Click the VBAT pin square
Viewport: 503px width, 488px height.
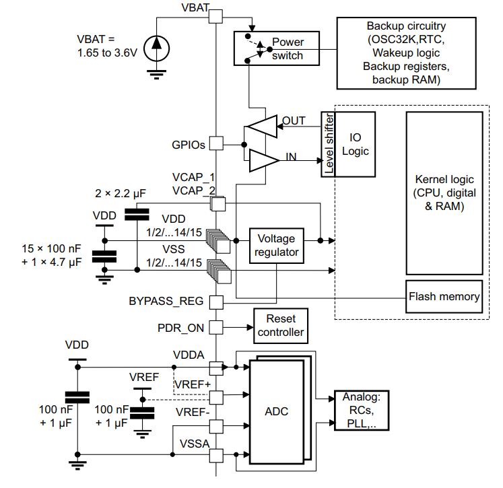pyautogui.click(x=215, y=16)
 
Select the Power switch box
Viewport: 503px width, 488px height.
pyautogui.click(x=277, y=48)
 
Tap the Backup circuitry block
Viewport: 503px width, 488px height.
pyautogui.click(x=406, y=53)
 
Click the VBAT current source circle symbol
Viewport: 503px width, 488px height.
pyautogui.click(x=156, y=48)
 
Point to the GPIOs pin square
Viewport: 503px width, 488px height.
pyautogui.click(x=216, y=143)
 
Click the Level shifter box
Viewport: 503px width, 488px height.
pyautogui.click(x=328, y=144)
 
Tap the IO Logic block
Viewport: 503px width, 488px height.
pyautogui.click(x=355, y=144)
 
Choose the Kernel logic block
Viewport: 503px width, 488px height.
pyautogui.click(x=444, y=193)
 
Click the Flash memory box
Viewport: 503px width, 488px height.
pyautogui.click(x=444, y=297)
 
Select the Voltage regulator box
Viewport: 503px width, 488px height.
pyautogui.click(x=277, y=246)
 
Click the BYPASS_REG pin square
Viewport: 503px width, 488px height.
pyautogui.click(x=216, y=302)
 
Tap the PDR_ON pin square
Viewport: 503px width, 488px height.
pyautogui.click(x=216, y=328)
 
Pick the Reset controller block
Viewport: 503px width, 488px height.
pyautogui.click(x=281, y=326)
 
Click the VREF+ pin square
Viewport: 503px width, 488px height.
pyautogui.click(x=216, y=398)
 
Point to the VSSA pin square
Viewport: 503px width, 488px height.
pyautogui.click(x=216, y=455)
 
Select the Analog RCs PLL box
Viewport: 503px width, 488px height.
pyautogui.click(x=362, y=411)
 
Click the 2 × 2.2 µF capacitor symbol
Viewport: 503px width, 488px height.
pyautogui.click(x=137, y=214)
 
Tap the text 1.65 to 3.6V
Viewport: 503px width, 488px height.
pyautogui.click(x=107, y=53)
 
